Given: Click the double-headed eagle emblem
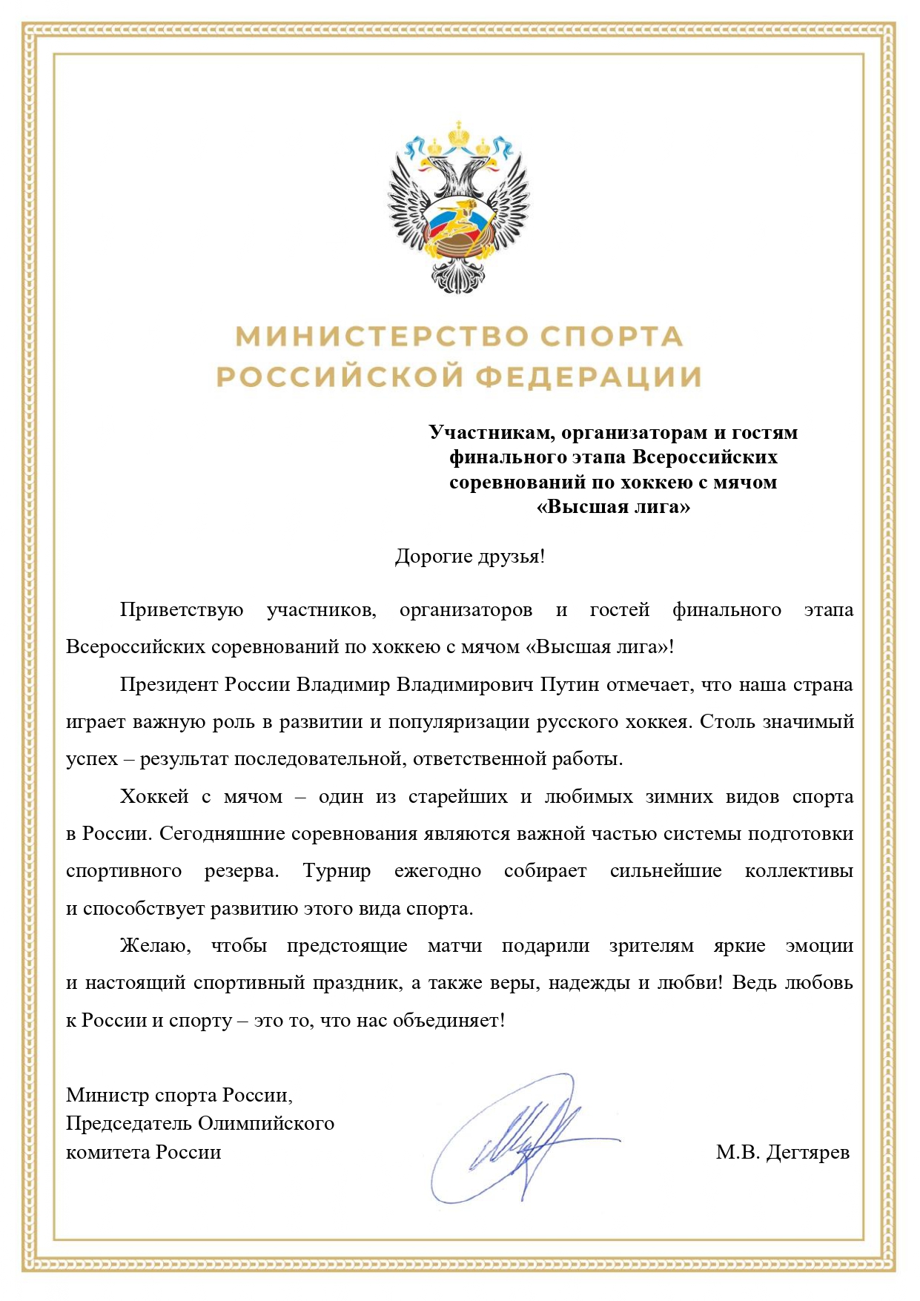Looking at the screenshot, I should (x=459, y=208).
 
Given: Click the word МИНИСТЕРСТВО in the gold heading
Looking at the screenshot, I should (x=382, y=337).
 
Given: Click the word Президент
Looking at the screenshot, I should (x=169, y=684).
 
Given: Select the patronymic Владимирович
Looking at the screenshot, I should (x=465, y=684).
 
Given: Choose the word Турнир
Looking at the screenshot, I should (x=337, y=871).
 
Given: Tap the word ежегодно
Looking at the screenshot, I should (x=437, y=871).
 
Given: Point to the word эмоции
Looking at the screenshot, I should (x=819, y=946).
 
